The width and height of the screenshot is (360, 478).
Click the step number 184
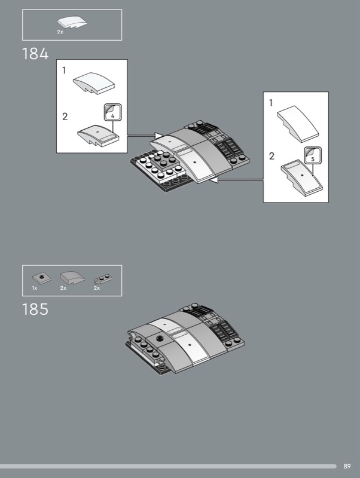coord(35,54)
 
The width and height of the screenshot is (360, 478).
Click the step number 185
coord(35,309)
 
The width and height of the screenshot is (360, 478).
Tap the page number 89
coord(347,466)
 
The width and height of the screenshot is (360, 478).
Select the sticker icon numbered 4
coord(113,112)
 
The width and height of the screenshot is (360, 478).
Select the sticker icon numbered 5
coord(313,155)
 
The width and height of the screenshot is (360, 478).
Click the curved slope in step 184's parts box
coord(72,22)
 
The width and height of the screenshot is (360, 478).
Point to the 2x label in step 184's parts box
coord(60,32)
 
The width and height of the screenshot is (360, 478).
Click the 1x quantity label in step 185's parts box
coord(35,288)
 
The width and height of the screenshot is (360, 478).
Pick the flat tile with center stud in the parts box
coord(41,278)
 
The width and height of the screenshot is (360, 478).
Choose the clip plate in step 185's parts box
coord(103,278)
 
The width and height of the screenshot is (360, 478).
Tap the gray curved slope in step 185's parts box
coord(72,277)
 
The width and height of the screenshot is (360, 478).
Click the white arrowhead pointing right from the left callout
coord(158,136)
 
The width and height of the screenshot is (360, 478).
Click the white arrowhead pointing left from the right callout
coord(213,180)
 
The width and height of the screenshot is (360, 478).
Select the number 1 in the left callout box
coord(64,71)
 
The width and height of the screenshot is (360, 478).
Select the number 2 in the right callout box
coord(271,156)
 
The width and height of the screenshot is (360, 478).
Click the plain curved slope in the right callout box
coord(298,124)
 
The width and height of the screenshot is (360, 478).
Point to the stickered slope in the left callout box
coord(98,136)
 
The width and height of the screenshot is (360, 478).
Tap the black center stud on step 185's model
coord(159,338)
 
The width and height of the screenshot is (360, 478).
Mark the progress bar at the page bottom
coord(168,466)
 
